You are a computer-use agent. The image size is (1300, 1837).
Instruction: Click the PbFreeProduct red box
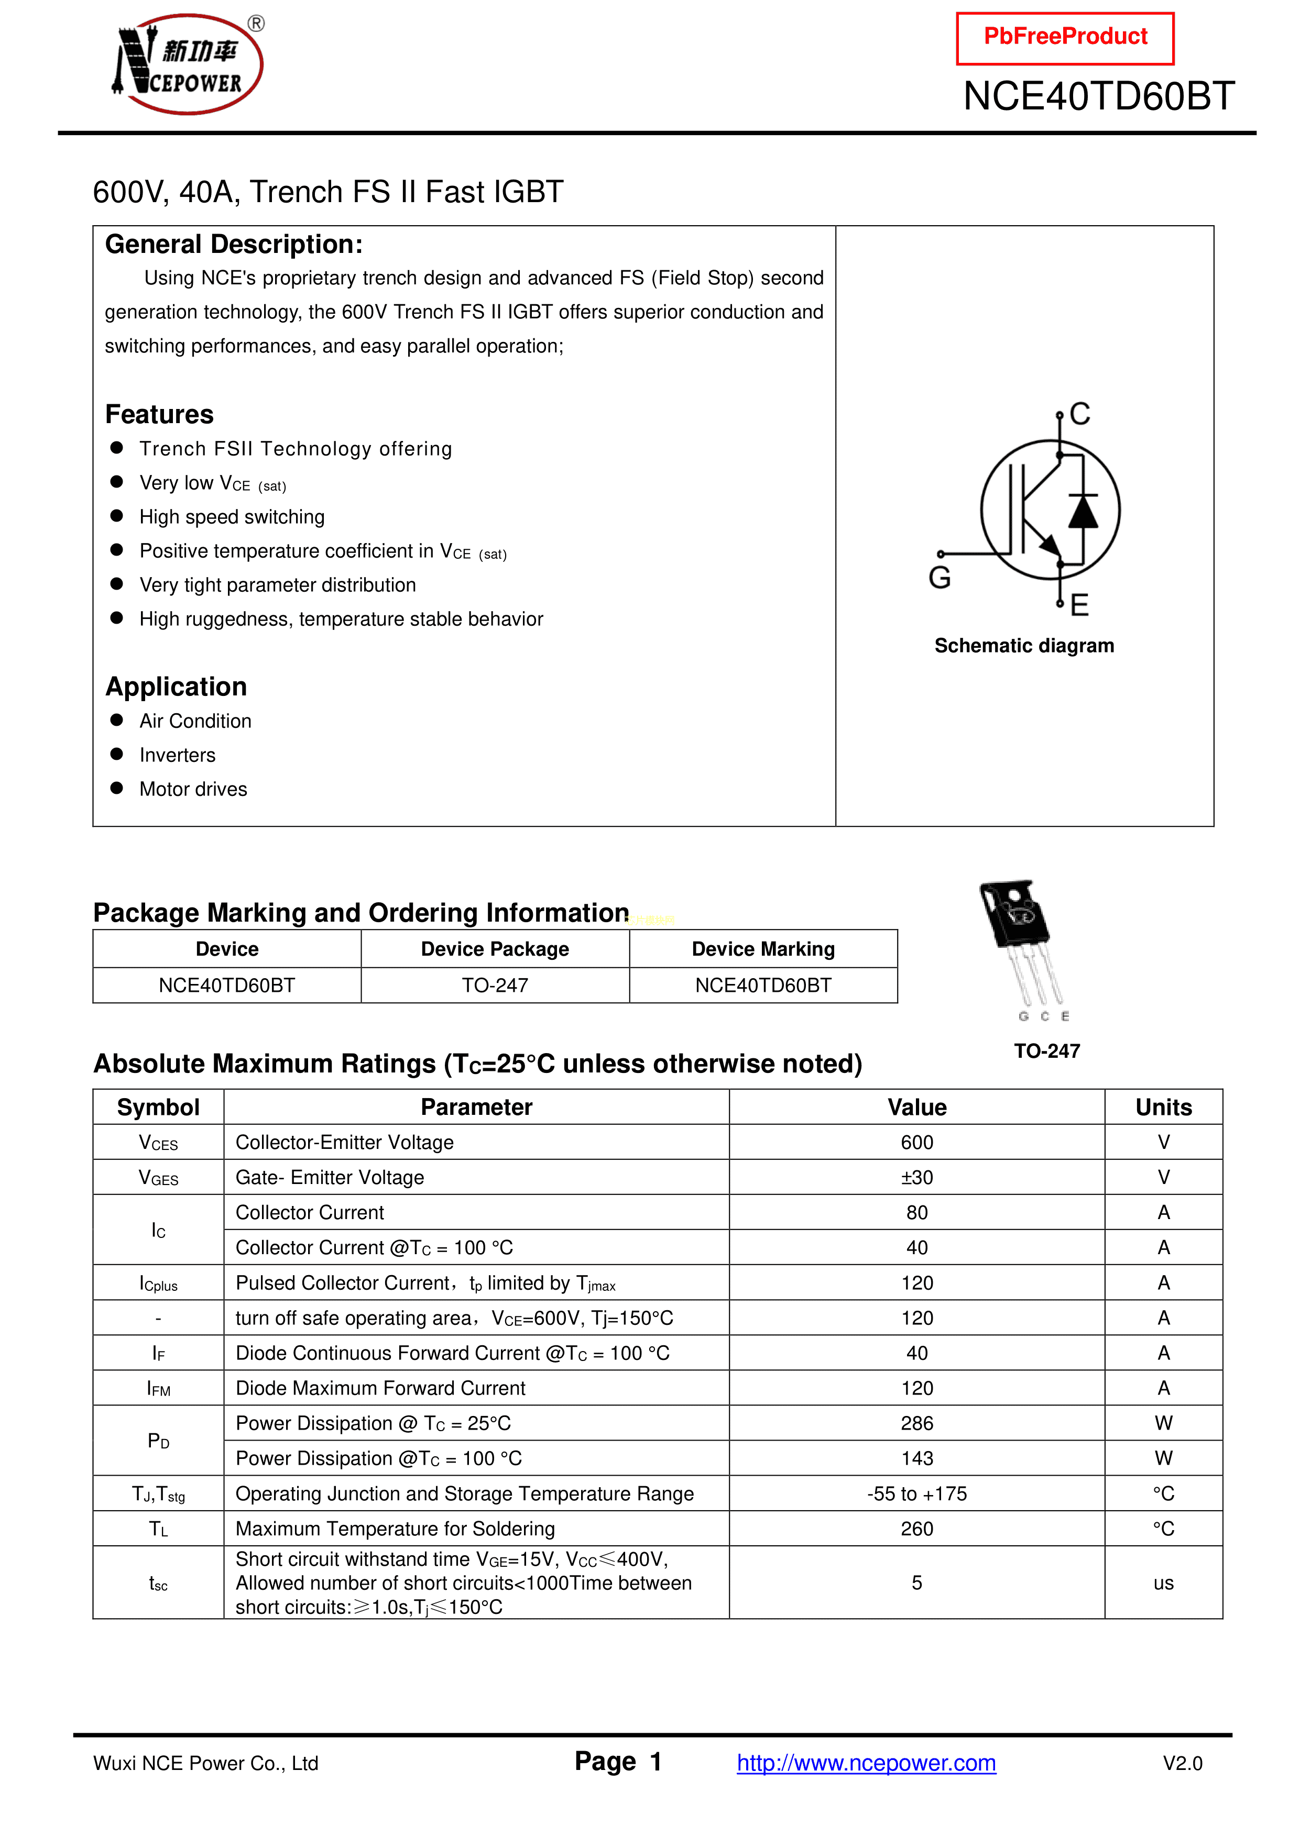(1065, 38)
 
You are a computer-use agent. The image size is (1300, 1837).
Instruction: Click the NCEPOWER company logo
(188, 64)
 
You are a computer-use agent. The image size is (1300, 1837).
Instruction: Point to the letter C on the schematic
(1080, 414)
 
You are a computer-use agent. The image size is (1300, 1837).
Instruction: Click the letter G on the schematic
(940, 578)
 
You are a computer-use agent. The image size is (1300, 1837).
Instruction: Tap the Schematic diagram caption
(1024, 646)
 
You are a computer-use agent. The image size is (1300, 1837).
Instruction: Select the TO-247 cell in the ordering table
(495, 986)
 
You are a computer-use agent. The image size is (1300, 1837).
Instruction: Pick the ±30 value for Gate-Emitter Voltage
(916, 1178)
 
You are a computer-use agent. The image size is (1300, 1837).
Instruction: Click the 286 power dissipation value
(916, 1423)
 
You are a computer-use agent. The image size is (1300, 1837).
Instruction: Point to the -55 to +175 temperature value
(916, 1494)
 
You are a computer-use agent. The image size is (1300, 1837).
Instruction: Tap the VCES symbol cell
(158, 1143)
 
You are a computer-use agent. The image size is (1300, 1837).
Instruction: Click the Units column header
(1163, 1108)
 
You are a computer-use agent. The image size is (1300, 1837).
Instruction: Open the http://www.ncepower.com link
(866, 1763)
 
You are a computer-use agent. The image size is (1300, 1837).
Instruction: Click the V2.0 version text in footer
(1182, 1763)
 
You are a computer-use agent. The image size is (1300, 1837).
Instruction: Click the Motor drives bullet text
(193, 790)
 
